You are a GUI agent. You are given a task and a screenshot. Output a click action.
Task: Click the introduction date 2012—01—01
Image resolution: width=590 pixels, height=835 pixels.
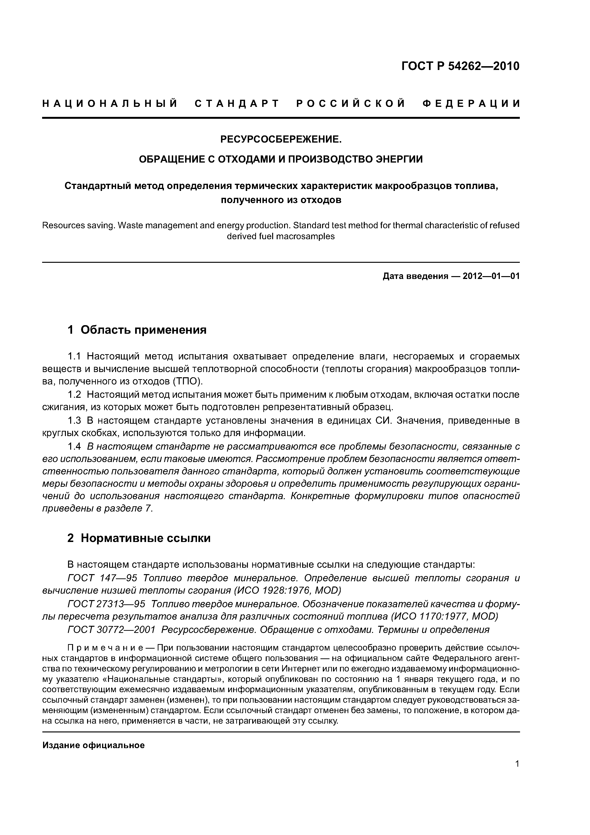click(491, 276)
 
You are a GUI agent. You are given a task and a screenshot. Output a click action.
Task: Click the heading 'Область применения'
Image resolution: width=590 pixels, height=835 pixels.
click(143, 330)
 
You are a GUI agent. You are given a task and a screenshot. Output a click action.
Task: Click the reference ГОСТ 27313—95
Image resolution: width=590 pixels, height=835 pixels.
click(106, 604)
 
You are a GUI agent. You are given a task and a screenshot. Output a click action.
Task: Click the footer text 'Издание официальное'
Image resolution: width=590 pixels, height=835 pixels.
click(93, 746)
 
